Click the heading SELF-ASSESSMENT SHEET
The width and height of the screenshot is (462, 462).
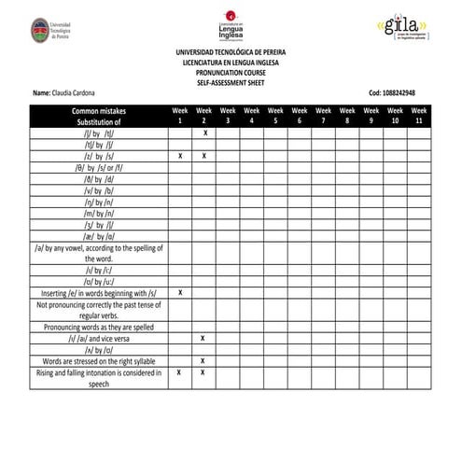230,84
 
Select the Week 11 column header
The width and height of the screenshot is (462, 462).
419,116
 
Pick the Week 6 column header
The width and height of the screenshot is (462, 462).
300,116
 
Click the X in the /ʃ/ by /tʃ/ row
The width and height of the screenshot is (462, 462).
203,133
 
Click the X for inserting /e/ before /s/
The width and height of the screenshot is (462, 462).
179,293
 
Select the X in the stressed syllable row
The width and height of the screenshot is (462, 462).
203,360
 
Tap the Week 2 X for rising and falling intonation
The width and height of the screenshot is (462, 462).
203,372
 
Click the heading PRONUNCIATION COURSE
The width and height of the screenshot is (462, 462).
230,74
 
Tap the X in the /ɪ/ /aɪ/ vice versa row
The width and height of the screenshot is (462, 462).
203,338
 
